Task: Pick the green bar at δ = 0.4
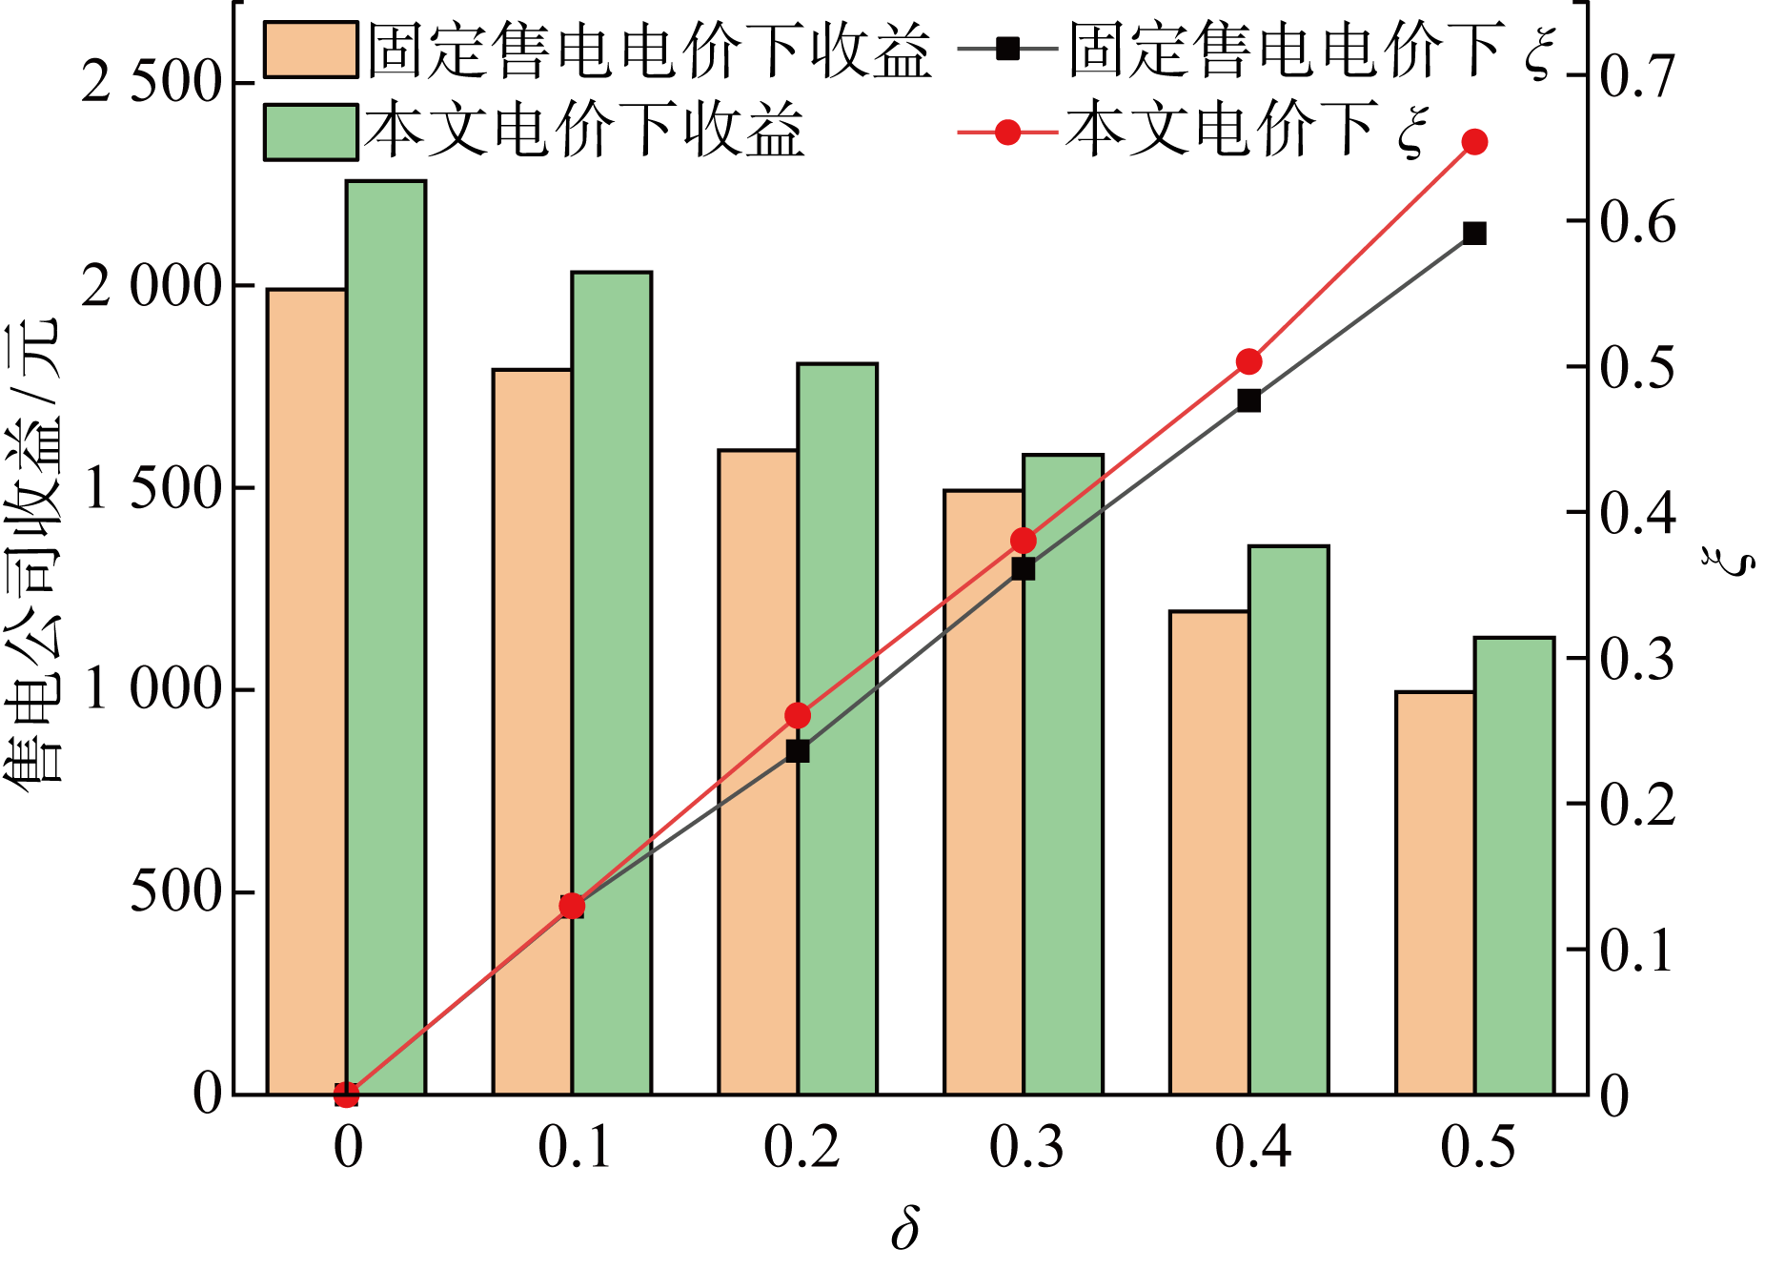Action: coord(1288,820)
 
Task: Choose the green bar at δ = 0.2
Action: coord(837,728)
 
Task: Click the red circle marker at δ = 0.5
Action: coord(1474,142)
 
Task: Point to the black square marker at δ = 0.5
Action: coord(1474,234)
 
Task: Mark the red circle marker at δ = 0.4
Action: coord(1248,361)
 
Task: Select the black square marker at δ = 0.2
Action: coord(798,751)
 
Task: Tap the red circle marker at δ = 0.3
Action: coord(1024,541)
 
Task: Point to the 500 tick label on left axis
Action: coord(175,892)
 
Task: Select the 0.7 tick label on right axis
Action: coord(1636,76)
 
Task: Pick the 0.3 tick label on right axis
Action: coord(1636,659)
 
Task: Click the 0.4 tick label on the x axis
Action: coord(1252,1147)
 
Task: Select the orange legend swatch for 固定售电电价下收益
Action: coord(311,50)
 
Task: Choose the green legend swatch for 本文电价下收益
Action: coord(311,132)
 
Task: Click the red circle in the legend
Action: coord(1007,132)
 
